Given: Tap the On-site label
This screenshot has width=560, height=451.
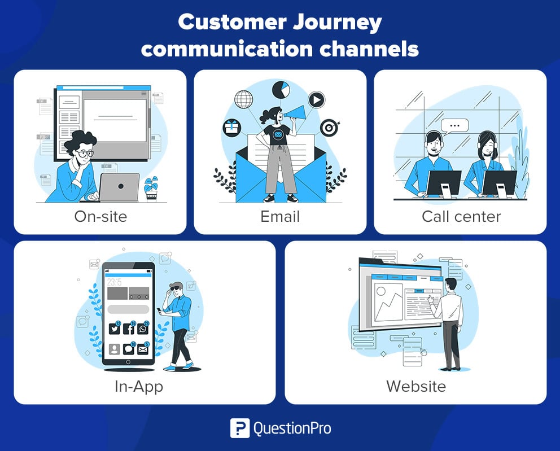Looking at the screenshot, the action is pos(100,216).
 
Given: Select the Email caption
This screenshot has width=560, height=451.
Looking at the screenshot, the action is pos(280,216).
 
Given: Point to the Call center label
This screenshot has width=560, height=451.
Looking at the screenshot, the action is pos(461,216).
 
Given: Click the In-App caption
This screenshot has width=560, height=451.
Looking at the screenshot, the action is pos(139,387).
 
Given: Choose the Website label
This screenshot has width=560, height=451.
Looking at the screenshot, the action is pos(416,386).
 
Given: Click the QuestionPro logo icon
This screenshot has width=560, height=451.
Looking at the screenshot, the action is pos(240,428).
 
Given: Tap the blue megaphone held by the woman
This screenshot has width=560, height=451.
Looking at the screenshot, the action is pos(295,113).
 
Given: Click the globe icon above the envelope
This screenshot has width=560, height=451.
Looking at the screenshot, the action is pos(243,99).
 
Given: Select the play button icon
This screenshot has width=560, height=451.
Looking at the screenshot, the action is pos(316,100).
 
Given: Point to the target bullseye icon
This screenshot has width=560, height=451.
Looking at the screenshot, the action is pos(329,128).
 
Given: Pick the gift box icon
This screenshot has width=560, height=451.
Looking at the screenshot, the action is pos(232,128).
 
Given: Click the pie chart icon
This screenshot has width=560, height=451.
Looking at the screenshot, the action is pos(281,90).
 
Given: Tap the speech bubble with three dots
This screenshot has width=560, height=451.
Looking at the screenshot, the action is pos(454,126).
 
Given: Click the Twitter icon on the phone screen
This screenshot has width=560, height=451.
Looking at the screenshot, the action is pos(114,328).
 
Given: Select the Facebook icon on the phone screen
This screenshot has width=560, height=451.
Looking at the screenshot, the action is pos(129,328).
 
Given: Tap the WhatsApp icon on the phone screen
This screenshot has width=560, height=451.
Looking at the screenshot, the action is pos(143,328).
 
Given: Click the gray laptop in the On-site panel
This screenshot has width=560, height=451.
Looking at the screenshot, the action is pos(119,187).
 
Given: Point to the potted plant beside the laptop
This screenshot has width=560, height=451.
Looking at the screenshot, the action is pos(151,189).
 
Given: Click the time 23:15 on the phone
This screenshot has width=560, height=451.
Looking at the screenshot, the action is pos(114,282).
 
